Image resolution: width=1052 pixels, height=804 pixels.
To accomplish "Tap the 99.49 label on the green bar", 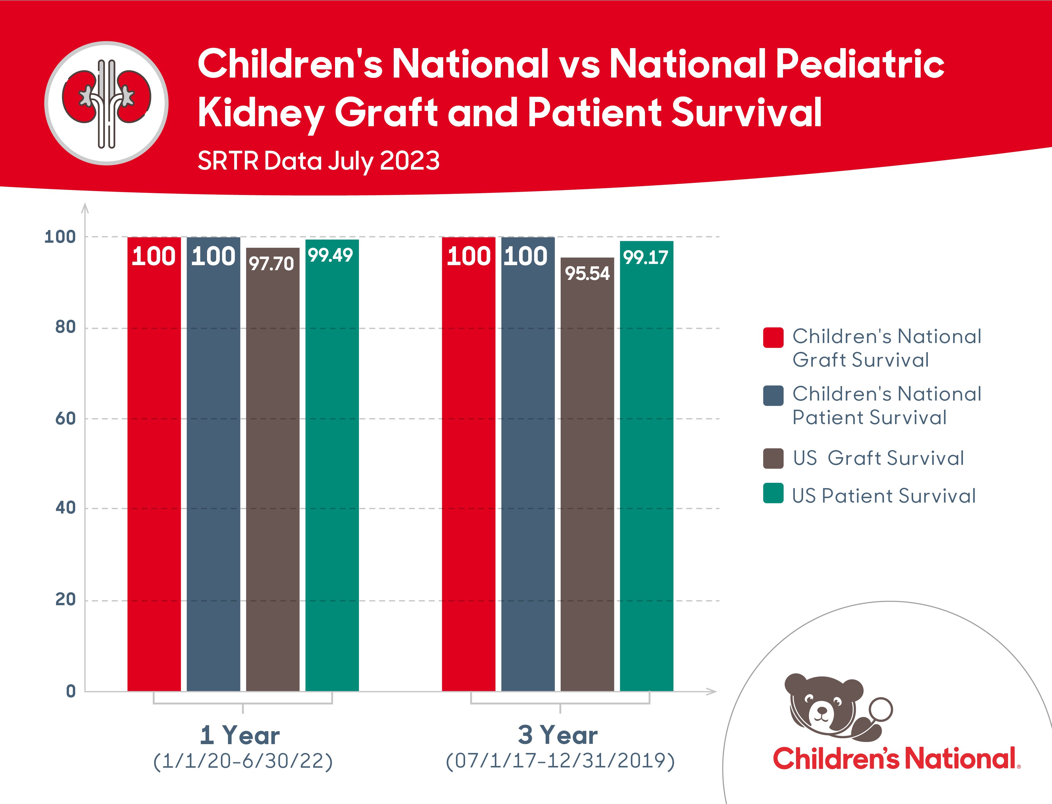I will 330,255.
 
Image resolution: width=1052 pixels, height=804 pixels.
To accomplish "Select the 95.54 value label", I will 587,273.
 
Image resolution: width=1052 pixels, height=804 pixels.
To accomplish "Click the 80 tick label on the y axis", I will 65,327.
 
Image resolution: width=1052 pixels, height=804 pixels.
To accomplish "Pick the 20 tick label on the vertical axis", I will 65,599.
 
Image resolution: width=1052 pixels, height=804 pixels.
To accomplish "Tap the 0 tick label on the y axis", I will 71,691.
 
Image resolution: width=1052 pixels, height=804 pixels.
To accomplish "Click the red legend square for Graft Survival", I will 773,337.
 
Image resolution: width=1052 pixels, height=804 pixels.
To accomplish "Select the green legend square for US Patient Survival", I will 773,493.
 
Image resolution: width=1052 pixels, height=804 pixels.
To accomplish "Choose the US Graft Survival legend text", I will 878,458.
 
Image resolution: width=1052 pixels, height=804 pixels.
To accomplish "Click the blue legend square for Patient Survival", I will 773,395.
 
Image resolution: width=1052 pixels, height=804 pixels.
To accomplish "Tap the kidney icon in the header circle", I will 106,103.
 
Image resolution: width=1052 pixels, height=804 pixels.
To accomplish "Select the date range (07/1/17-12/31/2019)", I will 560,760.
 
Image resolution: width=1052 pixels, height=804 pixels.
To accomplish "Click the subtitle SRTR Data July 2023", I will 318,160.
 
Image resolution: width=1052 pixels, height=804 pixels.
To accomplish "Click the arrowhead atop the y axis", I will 85,207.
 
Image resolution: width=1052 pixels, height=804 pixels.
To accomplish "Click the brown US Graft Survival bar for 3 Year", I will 587,479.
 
